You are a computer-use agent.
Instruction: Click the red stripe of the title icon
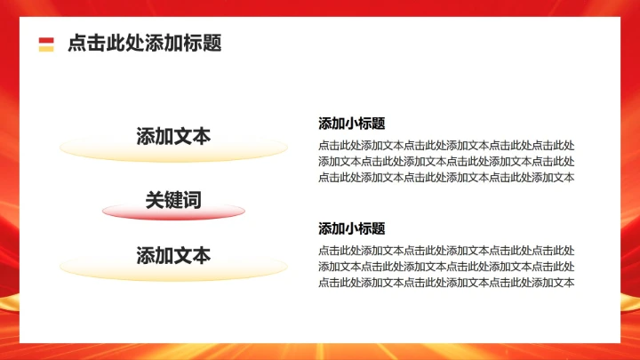pyautogui.click(x=46, y=39)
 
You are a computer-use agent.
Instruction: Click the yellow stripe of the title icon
pyautogui.click(x=46, y=48)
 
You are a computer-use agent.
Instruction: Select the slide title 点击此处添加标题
pyautogui.click(x=144, y=44)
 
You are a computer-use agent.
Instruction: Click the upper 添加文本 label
pyautogui.click(x=173, y=137)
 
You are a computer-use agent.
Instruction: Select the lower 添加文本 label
pyautogui.click(x=173, y=256)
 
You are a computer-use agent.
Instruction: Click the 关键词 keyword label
pyautogui.click(x=173, y=201)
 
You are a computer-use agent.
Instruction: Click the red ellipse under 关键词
pyautogui.click(x=173, y=213)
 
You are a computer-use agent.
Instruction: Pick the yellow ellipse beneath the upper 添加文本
pyautogui.click(x=173, y=151)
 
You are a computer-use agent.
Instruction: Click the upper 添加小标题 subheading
pyautogui.click(x=352, y=124)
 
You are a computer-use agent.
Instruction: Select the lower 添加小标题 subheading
pyautogui.click(x=352, y=228)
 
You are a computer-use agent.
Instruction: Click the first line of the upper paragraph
pyautogui.click(x=446, y=145)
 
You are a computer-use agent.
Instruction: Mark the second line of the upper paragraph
pyautogui.click(x=446, y=161)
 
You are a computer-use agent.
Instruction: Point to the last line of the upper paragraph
pyautogui.click(x=446, y=177)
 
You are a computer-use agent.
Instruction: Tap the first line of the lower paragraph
pyautogui.click(x=446, y=251)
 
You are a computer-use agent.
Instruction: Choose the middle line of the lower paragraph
pyautogui.click(x=446, y=267)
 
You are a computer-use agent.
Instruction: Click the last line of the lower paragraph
pyautogui.click(x=446, y=283)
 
